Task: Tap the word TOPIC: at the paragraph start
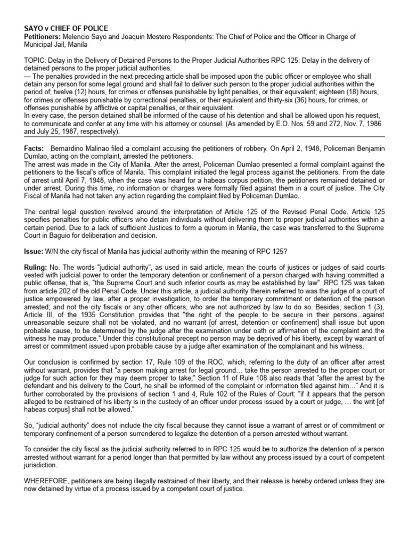tap(35, 60)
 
